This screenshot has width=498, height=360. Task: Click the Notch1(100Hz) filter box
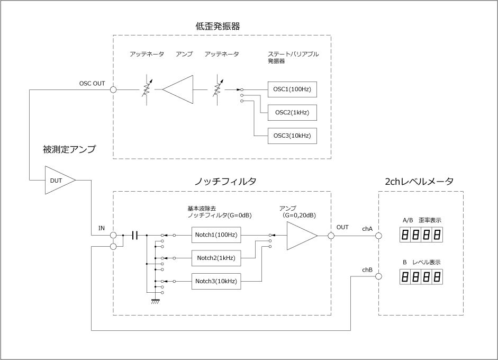(216, 235)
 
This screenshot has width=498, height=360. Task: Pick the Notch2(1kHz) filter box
(216, 258)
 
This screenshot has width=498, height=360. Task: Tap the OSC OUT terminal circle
(113, 89)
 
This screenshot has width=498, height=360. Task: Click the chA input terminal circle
(379, 235)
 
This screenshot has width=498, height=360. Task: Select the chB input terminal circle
(379, 276)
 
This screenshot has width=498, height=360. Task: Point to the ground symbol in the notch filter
(156, 301)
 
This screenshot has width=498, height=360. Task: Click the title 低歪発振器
(222, 25)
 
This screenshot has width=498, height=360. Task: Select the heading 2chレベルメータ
(420, 181)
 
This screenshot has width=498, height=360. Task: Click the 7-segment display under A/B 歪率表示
(422, 235)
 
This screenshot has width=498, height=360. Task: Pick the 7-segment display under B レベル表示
(422, 276)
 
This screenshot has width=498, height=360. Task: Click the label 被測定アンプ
(69, 149)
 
